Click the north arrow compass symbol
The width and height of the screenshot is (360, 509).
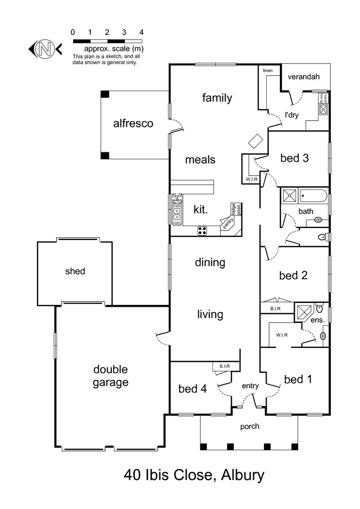pos(45,49)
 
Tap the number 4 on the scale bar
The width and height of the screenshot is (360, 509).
pos(141,33)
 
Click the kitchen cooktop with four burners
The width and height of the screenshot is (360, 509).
pos(202,230)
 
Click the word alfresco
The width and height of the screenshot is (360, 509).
pos(133,123)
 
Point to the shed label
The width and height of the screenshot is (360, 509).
pos(75,271)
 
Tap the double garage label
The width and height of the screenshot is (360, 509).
pos(110,376)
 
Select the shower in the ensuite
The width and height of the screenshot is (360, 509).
pos(304,312)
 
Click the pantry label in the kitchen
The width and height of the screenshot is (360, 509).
pos(228,223)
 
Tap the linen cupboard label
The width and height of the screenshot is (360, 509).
pos(268,71)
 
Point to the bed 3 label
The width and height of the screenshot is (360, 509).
pos(295,158)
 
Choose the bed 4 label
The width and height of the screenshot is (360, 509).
pos(193,389)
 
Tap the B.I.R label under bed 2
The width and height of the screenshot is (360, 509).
pos(276,309)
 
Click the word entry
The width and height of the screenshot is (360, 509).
pos(250,386)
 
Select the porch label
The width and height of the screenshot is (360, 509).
pos(250,427)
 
